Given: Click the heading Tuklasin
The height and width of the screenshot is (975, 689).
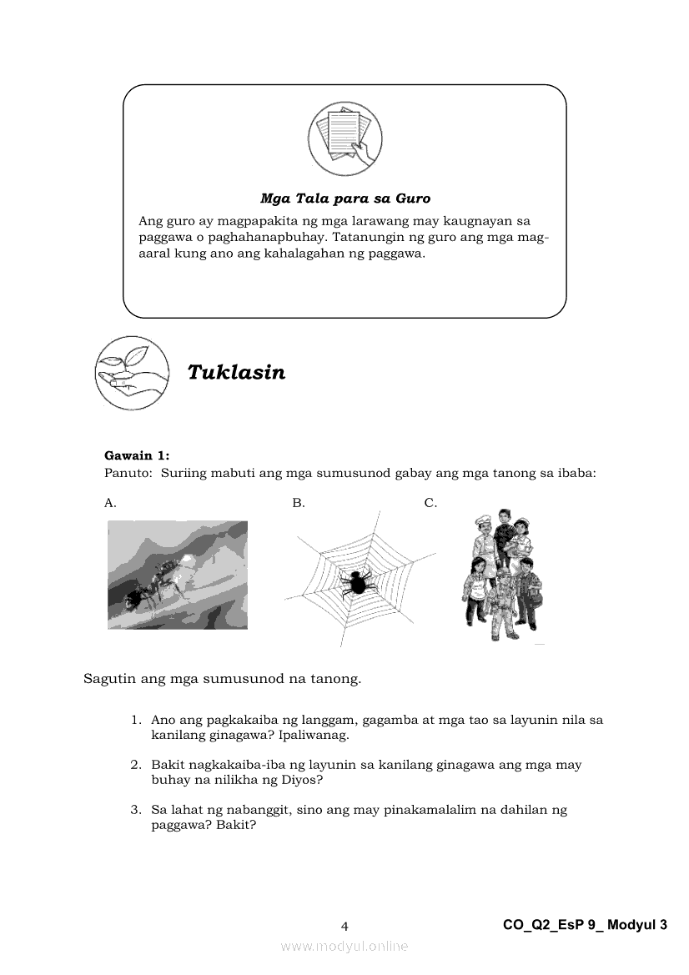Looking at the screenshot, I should click(x=236, y=372).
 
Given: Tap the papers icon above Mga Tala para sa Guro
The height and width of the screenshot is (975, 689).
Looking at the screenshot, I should click(x=344, y=135).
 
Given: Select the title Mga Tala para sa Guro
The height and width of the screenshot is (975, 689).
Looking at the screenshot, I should click(x=344, y=199).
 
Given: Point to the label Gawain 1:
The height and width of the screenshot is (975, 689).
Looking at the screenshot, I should click(x=137, y=455).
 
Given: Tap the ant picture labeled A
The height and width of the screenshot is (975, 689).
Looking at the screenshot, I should click(x=178, y=575).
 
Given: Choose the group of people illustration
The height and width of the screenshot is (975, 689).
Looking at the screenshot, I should click(x=500, y=576).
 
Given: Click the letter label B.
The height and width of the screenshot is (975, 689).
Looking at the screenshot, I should click(x=299, y=503).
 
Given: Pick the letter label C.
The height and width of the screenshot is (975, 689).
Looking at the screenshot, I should click(x=430, y=503).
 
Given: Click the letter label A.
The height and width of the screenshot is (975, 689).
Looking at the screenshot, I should click(x=110, y=503).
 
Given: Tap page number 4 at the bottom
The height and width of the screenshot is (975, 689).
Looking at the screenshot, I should click(x=344, y=925).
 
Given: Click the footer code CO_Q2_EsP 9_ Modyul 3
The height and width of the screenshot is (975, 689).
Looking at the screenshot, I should click(x=586, y=924).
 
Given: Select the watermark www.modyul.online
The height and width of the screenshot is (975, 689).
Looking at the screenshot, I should click(x=344, y=946).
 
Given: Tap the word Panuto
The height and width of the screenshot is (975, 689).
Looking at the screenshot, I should click(x=125, y=473).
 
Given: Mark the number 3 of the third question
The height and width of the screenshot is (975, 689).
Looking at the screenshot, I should click(x=133, y=810).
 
